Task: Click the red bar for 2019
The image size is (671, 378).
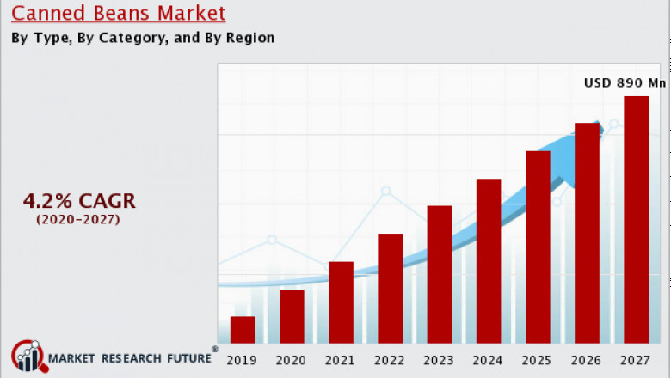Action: click(x=243, y=330)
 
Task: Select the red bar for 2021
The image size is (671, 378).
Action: click(x=341, y=302)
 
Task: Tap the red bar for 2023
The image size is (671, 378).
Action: click(x=439, y=275)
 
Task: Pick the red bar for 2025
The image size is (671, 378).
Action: click(x=538, y=247)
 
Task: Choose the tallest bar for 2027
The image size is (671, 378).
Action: click(x=636, y=220)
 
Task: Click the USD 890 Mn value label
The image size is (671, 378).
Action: click(x=625, y=82)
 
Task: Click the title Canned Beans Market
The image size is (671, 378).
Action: click(x=118, y=14)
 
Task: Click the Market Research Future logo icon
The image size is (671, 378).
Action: click(x=28, y=356)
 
